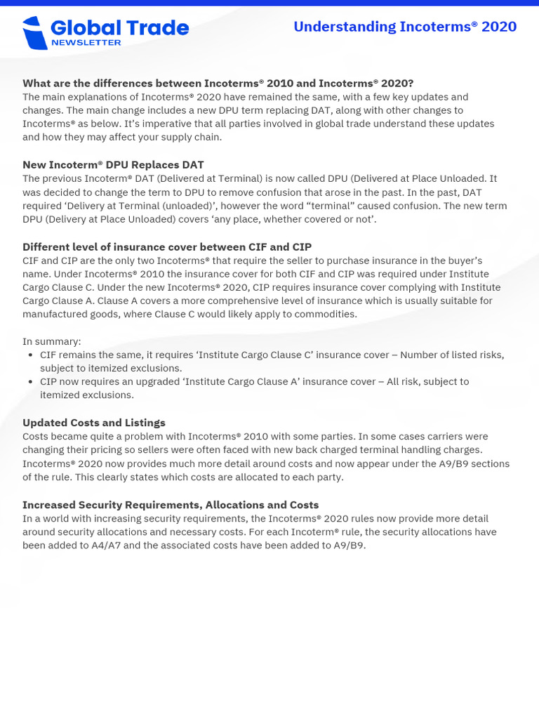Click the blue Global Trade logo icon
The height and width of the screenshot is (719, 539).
click(x=34, y=33)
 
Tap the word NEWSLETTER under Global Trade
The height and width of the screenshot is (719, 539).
click(x=86, y=43)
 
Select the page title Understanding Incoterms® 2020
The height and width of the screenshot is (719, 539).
click(x=405, y=27)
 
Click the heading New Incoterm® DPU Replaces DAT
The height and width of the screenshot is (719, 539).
click(x=113, y=164)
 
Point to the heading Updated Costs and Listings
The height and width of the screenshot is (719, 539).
click(x=94, y=423)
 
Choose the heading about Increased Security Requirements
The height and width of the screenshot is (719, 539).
click(x=171, y=505)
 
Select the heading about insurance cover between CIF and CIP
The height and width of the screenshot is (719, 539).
click(x=167, y=246)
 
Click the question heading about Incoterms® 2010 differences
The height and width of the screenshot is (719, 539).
click(x=218, y=83)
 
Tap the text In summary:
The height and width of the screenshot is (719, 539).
click(x=52, y=341)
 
